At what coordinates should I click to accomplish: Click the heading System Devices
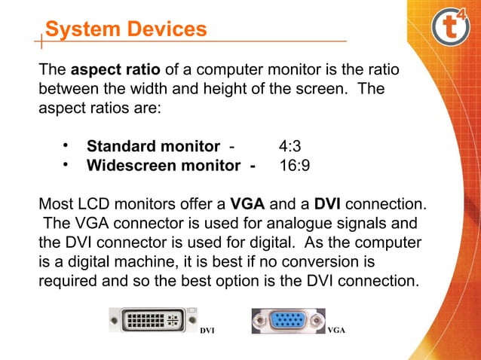[x=125, y=29]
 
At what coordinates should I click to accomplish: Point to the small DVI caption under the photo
[x=207, y=330]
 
